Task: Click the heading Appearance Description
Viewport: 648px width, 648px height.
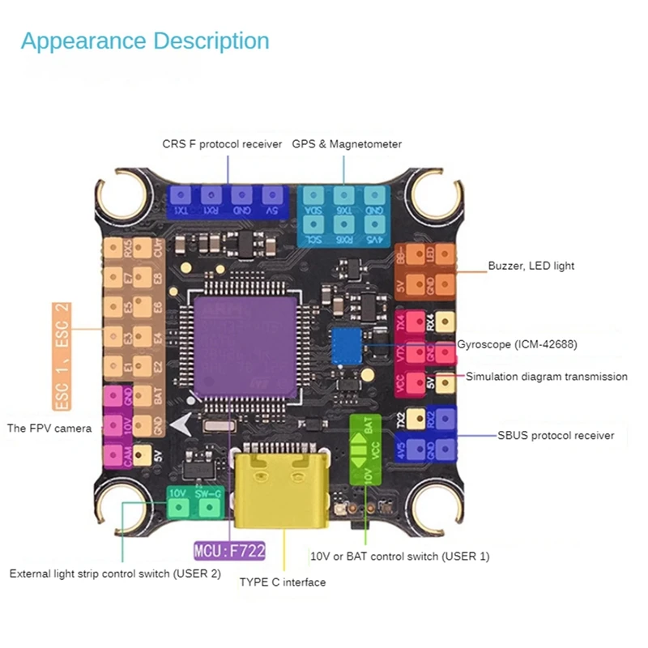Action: (x=145, y=41)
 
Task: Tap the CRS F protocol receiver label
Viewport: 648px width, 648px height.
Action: (x=222, y=144)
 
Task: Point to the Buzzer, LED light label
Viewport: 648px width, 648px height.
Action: (x=531, y=266)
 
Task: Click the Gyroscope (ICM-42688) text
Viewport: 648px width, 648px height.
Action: (x=517, y=344)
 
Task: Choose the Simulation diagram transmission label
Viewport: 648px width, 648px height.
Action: (x=547, y=377)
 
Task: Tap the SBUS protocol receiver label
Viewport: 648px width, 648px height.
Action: (x=556, y=436)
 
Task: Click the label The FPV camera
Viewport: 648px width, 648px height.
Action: (x=49, y=428)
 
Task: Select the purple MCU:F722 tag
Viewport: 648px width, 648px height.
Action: (x=229, y=553)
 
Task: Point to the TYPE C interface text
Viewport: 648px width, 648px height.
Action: (x=282, y=582)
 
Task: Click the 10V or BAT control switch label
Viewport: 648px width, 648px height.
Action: (x=400, y=556)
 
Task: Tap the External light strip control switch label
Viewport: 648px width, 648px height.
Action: (x=114, y=573)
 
